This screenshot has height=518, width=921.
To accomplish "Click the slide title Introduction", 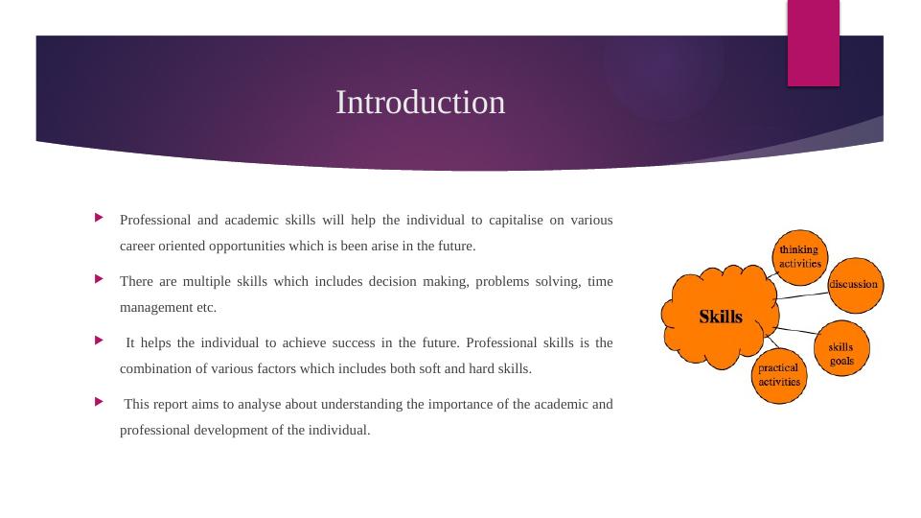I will (x=420, y=103).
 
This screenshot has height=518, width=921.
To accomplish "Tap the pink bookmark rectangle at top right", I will (x=813, y=42).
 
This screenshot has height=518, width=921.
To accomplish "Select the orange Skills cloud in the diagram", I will (x=720, y=317).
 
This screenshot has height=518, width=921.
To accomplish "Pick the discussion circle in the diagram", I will (x=853, y=285).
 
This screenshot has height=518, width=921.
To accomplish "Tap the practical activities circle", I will (x=778, y=374).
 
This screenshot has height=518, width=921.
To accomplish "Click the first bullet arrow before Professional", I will (x=101, y=219).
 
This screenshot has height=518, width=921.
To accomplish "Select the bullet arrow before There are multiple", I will (x=101, y=280).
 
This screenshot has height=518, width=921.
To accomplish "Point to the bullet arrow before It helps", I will (x=101, y=341).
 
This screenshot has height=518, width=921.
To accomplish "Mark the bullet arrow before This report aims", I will (x=101, y=403).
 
